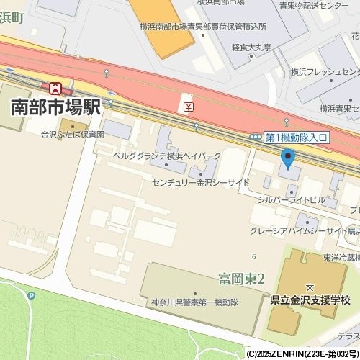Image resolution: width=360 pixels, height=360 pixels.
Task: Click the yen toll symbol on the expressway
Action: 188,107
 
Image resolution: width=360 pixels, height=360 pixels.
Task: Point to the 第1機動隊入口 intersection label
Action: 297,137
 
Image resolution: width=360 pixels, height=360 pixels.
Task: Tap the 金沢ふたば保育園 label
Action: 73,135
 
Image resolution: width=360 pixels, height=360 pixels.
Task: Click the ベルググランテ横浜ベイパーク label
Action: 167,156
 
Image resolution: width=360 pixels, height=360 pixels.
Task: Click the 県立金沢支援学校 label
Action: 309,300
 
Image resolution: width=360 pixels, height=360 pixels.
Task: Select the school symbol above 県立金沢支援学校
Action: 309,287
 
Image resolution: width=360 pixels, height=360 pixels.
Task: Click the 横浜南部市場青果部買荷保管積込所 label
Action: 203,27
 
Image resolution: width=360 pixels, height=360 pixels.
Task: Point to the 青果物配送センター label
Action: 313,6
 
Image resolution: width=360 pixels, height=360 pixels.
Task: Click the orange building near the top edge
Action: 162,25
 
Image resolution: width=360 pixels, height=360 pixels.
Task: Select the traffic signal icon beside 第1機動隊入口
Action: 256,137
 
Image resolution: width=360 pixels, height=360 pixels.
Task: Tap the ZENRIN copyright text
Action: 302,354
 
